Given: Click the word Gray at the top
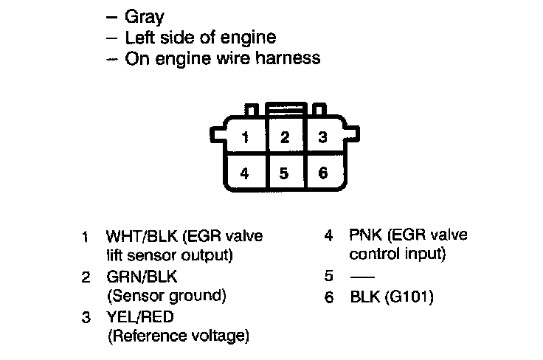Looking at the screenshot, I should pyautogui.click(x=145, y=15).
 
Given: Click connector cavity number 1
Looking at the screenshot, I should pyautogui.click(x=246, y=137).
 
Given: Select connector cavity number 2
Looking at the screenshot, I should pyautogui.click(x=285, y=137).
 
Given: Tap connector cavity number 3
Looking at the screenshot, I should pyautogui.click(x=322, y=137).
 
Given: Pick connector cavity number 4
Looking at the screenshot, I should pyautogui.click(x=246, y=173).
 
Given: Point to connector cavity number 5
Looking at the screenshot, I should pyautogui.click(x=285, y=173).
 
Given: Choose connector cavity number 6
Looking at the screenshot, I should pyautogui.click(x=322, y=173).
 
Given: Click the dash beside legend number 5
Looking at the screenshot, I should pyautogui.click(x=362, y=278).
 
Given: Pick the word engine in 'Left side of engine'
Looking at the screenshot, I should pyautogui.click(x=253, y=37).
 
